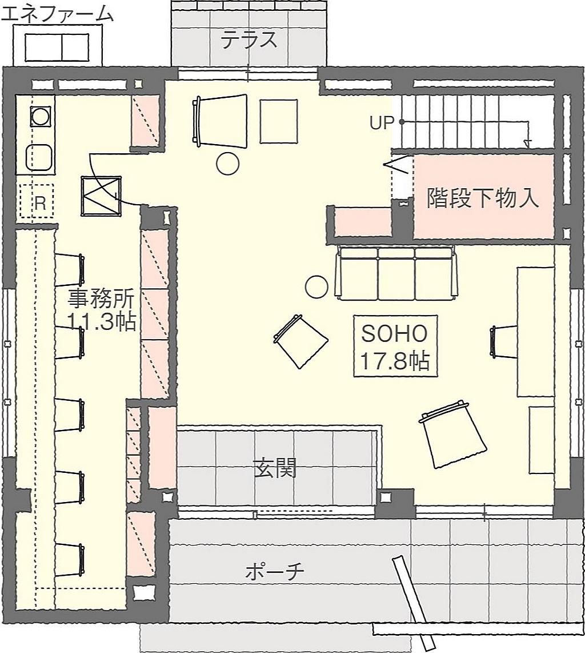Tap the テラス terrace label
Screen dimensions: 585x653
tap(249, 41)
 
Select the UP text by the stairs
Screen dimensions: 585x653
tap(382, 123)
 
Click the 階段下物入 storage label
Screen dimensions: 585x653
tap(483, 198)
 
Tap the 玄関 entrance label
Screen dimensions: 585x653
tap(275, 468)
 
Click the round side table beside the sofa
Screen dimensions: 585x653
tap(316, 286)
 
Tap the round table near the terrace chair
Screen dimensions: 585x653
tap(228, 164)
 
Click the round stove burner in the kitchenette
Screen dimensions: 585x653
tap(41, 117)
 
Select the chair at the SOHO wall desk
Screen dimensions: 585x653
tap(504, 341)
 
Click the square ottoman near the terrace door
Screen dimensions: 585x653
tap(279, 121)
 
